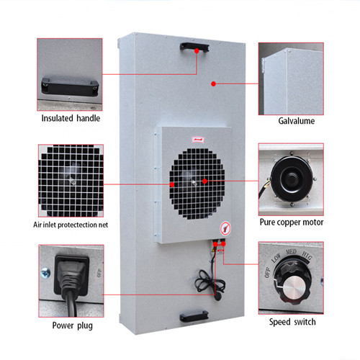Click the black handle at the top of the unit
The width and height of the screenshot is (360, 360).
tap(194, 47)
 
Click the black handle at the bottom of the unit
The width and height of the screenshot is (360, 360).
tap(194, 316)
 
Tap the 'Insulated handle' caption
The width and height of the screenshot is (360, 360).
tap(71, 118)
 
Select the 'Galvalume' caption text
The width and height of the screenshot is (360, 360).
tap(297, 121)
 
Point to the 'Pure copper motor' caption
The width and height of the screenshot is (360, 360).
tap(292, 222)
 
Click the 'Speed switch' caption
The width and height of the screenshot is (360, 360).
tap(292, 322)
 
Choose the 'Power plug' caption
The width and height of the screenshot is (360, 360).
tap(72, 325)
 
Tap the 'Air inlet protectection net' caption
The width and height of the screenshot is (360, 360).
tap(71, 225)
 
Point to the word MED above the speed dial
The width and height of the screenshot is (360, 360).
tap(291, 252)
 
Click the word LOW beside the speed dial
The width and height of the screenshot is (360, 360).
tap(276, 258)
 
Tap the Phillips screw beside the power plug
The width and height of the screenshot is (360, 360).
tap(45, 273)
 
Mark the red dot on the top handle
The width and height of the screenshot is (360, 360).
tap(197, 51)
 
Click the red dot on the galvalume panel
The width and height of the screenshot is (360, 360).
tap(214, 84)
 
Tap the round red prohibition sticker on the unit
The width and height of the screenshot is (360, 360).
tap(225, 228)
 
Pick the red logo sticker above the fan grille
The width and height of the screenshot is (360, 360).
tap(198, 139)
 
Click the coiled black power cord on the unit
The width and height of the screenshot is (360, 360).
tap(210, 281)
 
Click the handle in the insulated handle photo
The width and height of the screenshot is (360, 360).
tap(70, 86)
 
